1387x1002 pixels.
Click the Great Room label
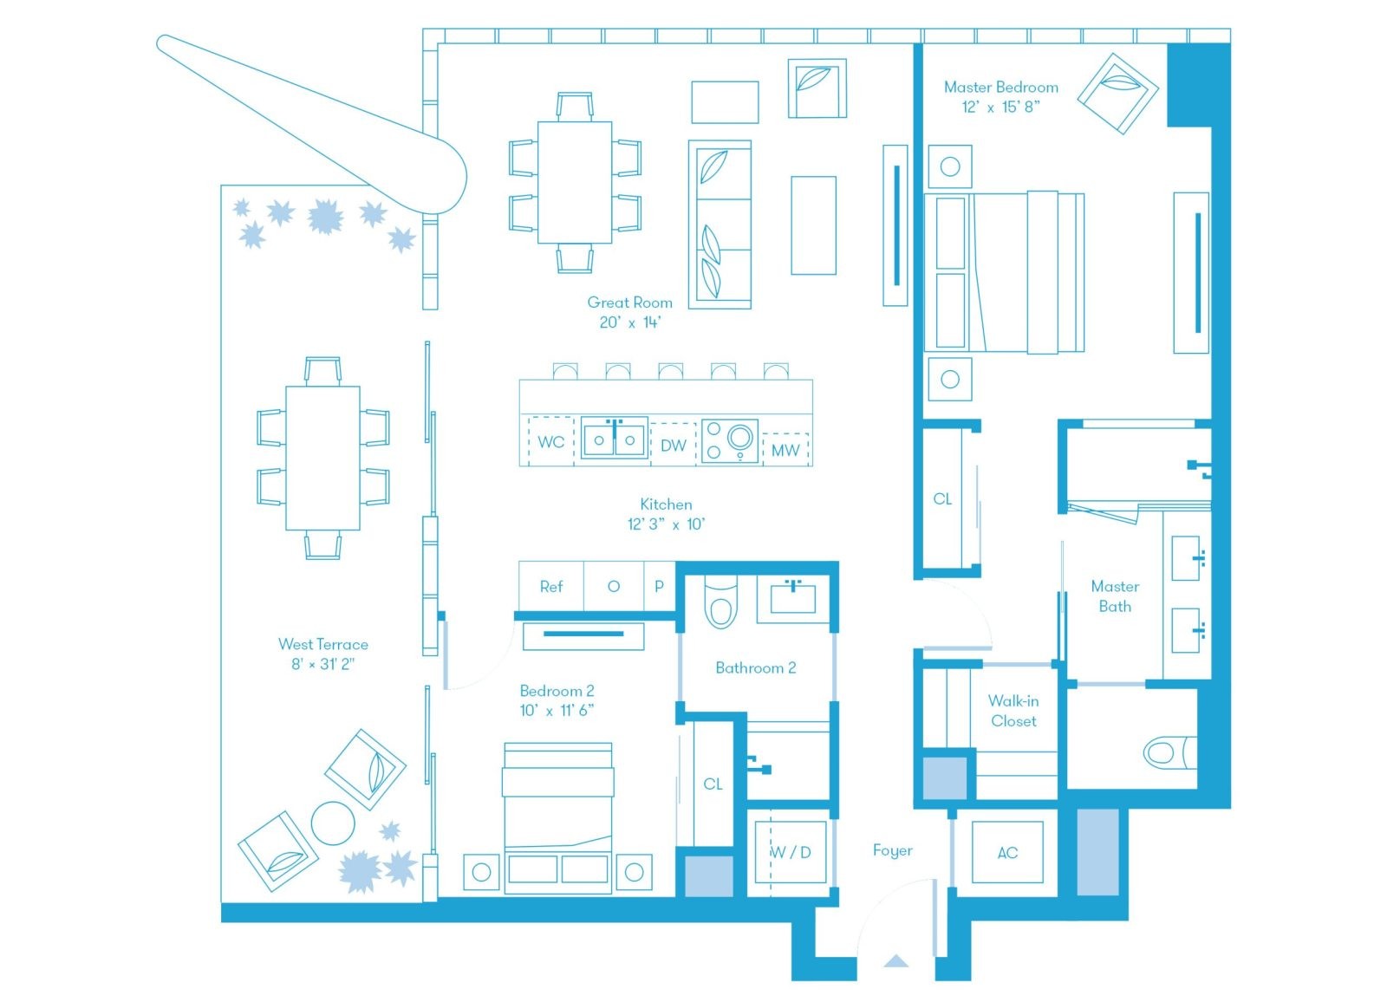[x=629, y=303]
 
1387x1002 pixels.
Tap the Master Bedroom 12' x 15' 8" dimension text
[x=1000, y=107]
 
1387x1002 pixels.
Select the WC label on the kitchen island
[x=550, y=442]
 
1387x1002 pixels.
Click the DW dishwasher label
[x=674, y=446]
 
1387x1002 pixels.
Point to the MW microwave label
[x=785, y=450]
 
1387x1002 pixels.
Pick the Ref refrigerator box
[x=551, y=587]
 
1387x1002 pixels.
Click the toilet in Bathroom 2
[x=721, y=602]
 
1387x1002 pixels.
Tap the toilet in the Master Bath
[x=1169, y=752]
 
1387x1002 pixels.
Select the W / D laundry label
[x=791, y=852]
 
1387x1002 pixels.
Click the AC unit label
[x=1007, y=853]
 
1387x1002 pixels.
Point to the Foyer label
[x=892, y=850]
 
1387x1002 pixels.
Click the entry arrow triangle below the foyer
[x=895, y=961]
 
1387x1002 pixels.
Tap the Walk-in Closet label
[x=1013, y=711]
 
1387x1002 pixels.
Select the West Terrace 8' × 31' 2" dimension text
[x=322, y=664]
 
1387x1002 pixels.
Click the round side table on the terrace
[x=333, y=823]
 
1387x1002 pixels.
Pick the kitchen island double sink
[x=615, y=439]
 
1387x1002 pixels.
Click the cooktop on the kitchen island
[x=730, y=441]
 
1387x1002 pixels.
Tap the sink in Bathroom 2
[x=793, y=598]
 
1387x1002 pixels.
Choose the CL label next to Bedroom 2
[x=713, y=784]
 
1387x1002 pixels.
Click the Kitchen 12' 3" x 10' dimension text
[x=667, y=524]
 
